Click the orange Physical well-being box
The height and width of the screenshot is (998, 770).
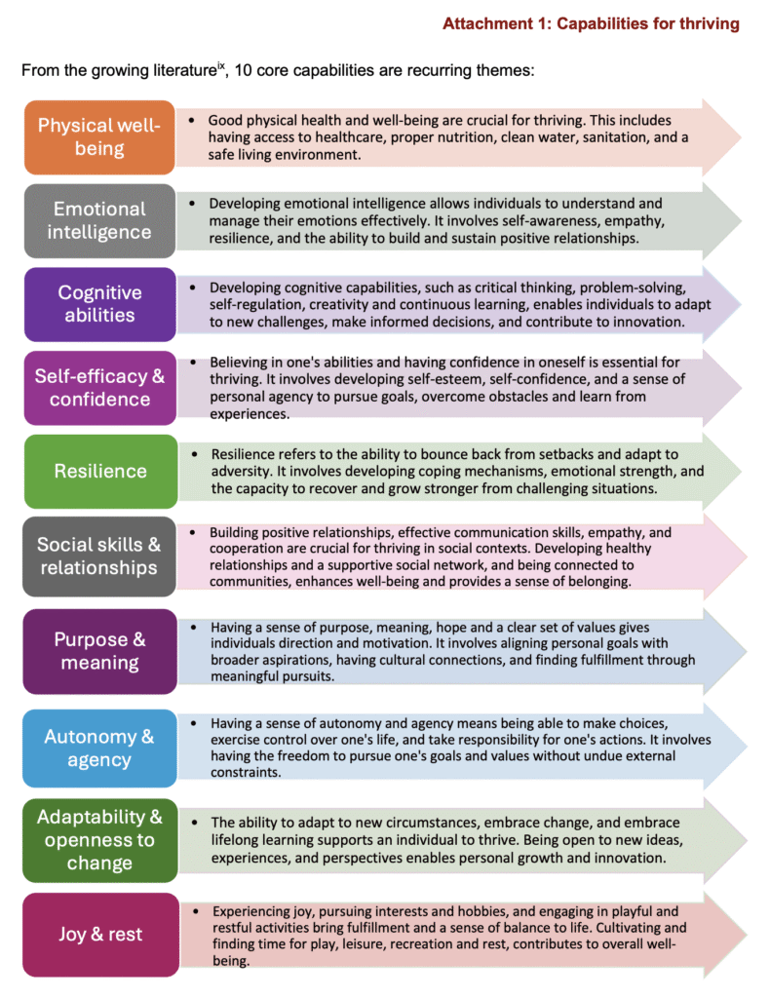99,136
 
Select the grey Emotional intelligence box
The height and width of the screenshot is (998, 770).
99,221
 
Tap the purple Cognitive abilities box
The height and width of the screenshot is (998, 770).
100,304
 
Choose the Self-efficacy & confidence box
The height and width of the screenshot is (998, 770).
100,388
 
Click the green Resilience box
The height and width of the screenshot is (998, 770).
100,471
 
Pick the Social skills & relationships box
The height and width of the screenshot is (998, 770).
99,557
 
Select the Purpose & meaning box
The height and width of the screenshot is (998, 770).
100,651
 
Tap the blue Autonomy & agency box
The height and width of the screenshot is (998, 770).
100,748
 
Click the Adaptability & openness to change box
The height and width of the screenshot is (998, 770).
100,840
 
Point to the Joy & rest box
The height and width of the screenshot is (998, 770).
100,935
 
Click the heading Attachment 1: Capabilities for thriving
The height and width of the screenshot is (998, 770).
592,24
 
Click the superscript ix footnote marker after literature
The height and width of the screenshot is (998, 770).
221,65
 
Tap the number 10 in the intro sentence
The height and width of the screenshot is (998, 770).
243,70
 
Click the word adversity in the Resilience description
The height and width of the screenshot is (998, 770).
240,472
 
